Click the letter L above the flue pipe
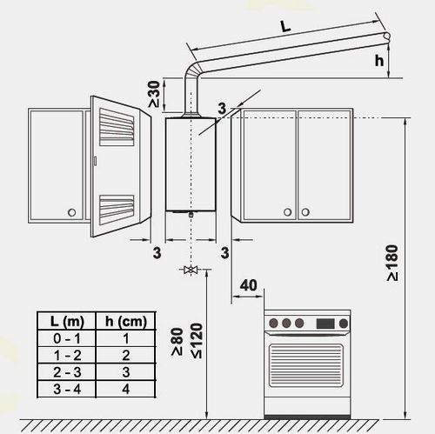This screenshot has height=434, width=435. point(285,26)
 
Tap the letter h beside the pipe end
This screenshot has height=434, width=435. point(379,61)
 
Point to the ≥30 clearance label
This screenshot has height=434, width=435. point(154,94)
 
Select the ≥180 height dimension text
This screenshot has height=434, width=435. point(392,263)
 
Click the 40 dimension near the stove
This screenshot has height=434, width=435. point(249,285)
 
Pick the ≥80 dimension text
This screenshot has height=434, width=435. point(177,342)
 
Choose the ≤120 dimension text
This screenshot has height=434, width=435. point(197,341)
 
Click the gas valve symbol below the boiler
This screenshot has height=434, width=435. point(191,270)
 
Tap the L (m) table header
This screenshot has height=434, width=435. point(67,321)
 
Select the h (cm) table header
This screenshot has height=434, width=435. point(126,321)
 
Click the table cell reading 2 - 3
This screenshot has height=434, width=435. point(67,372)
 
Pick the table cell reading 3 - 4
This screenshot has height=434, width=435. point(67,389)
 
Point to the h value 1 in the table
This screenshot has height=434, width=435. point(126,338)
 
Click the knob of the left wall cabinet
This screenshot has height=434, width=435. point(71,212)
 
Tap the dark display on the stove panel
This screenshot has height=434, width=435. point(325,324)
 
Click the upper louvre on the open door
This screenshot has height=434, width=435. point(117,127)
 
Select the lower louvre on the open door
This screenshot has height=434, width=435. point(117,210)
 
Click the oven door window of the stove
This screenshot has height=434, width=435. point(306,365)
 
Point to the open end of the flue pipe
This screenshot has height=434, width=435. point(386,36)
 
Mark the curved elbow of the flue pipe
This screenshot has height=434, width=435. point(192,70)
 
